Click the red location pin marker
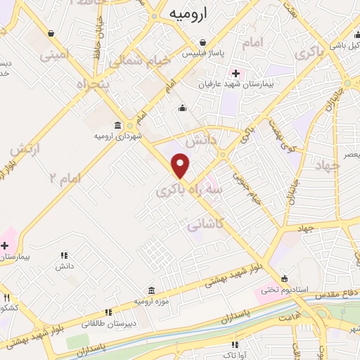pos(181,165)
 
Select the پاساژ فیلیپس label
pos(202,53)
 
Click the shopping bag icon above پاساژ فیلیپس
pos(202,43)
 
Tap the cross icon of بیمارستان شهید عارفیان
pos(235,73)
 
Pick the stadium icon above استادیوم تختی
pos(284,278)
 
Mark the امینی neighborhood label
pos(53,53)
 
